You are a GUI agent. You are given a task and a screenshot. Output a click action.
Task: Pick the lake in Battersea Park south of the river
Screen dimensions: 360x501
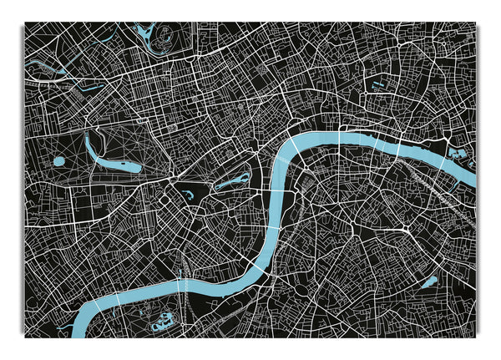162,318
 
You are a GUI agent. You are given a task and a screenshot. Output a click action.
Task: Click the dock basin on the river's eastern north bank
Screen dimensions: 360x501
458,154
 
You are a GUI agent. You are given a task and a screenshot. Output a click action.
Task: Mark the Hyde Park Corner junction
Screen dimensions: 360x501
170,180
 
